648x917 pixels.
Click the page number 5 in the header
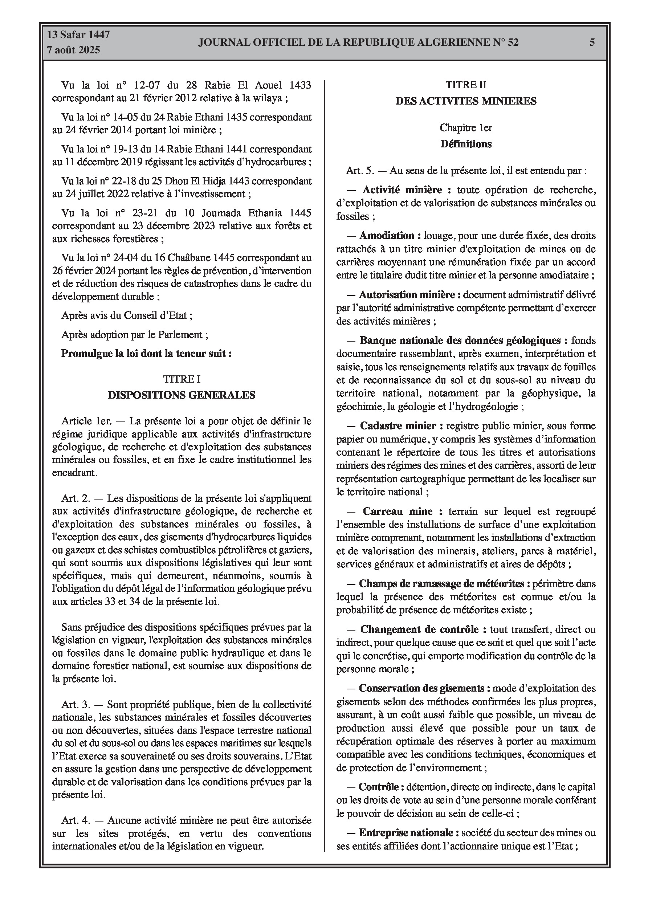[x=592, y=42]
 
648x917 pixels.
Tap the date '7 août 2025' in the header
[x=73, y=50]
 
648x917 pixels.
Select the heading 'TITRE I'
[x=182, y=379]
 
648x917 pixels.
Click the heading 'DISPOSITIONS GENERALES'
[x=182, y=395]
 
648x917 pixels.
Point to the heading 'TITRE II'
[x=466, y=85]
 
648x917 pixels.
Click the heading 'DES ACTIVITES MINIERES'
[x=466, y=101]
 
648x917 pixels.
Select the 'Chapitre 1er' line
[x=466, y=128]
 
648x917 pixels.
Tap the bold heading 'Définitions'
[x=466, y=144]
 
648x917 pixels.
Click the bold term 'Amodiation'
[x=386, y=236]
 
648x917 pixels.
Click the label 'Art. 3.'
[x=76, y=705]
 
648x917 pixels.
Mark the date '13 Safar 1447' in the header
[x=78, y=35]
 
